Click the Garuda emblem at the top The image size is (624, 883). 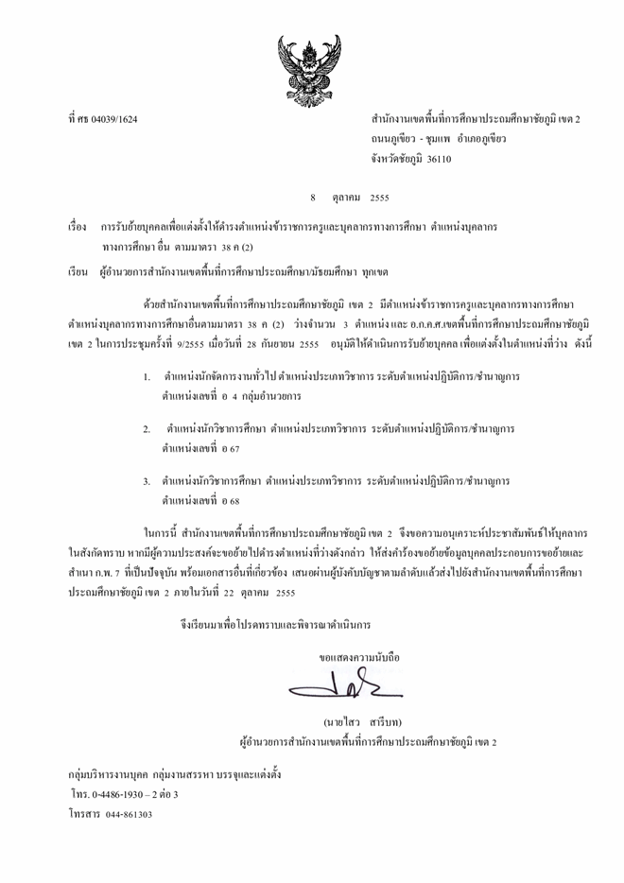coord(311,58)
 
